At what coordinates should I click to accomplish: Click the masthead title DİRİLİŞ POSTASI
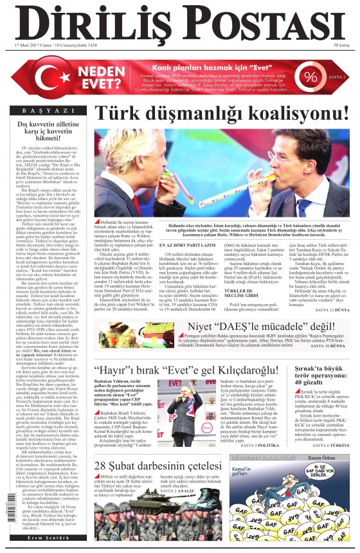179,24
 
